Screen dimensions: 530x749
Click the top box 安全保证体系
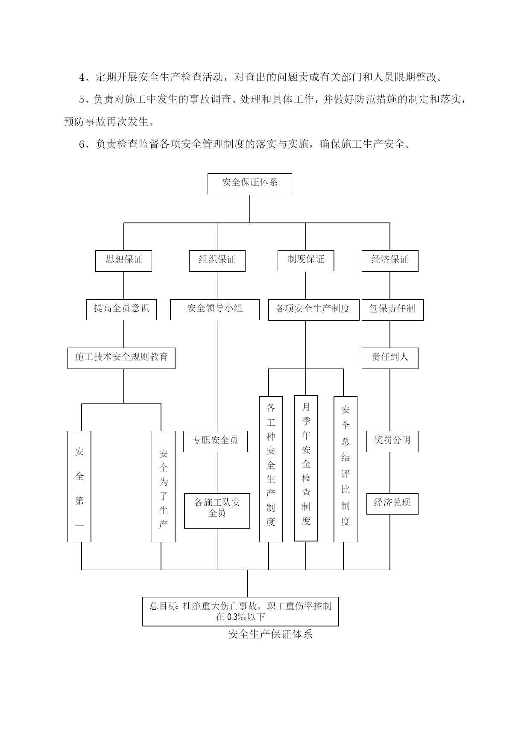pos(249,184)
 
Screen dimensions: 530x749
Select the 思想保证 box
pos(123,261)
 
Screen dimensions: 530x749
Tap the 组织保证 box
pos(217,261)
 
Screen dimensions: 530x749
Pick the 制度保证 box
pos(306,260)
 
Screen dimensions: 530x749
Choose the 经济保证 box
pos(390,261)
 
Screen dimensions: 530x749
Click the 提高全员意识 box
pos(121,310)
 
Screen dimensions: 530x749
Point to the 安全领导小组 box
pos(215,310)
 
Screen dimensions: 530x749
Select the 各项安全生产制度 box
pos(314,310)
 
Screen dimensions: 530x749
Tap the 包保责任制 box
pos(392,310)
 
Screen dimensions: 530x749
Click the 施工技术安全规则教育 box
pos(121,358)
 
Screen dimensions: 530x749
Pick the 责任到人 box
pos(390,358)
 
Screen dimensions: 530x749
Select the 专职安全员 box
pos(215,442)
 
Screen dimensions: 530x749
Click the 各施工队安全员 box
pos(217,511)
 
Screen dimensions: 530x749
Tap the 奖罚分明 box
pos(392,442)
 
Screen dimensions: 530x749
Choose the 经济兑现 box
pos(392,504)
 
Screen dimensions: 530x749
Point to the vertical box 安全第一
pos(79,486)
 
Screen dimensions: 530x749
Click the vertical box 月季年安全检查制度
pos(306,468)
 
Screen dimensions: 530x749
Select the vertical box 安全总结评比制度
pos(346,469)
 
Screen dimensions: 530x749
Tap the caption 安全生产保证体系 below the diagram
pos(270,634)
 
